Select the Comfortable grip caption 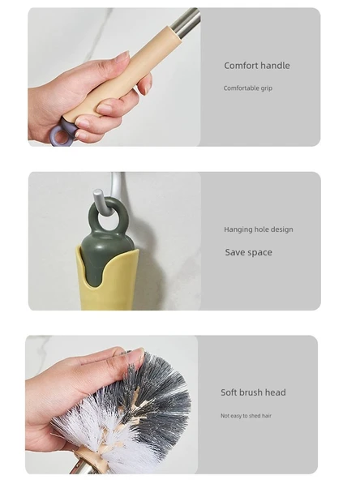click(x=247, y=88)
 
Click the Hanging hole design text click(x=259, y=229)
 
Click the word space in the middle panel click(x=259, y=253)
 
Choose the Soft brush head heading click(x=253, y=392)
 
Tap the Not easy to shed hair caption click(x=246, y=416)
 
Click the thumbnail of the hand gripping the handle click(x=114, y=77)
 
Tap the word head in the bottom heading click(x=276, y=392)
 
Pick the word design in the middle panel click(x=281, y=229)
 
